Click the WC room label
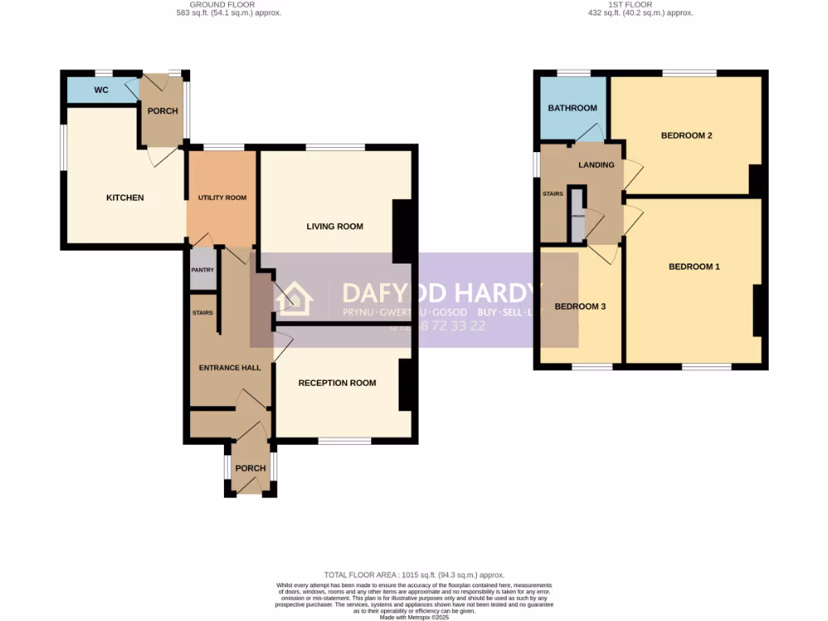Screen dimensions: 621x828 coord(101,90)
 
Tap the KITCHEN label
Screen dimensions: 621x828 coord(125,197)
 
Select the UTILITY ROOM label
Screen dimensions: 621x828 coord(222,197)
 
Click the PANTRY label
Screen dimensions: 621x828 coord(202,271)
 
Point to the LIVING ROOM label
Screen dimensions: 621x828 coord(335,226)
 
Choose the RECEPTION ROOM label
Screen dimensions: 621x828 coord(337,382)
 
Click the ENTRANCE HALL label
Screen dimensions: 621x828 coord(230,368)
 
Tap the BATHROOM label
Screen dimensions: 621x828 coord(572,108)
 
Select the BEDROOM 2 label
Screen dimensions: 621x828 coord(686,135)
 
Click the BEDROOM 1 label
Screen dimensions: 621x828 coord(694,266)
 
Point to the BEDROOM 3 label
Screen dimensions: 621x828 coord(580,306)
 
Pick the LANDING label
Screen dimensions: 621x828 coord(596,165)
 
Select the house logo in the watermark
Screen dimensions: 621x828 coord(294,300)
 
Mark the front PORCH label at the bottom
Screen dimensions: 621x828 coord(250,468)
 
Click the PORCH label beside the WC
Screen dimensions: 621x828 coord(163,111)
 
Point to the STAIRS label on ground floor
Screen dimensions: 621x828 coord(202,313)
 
